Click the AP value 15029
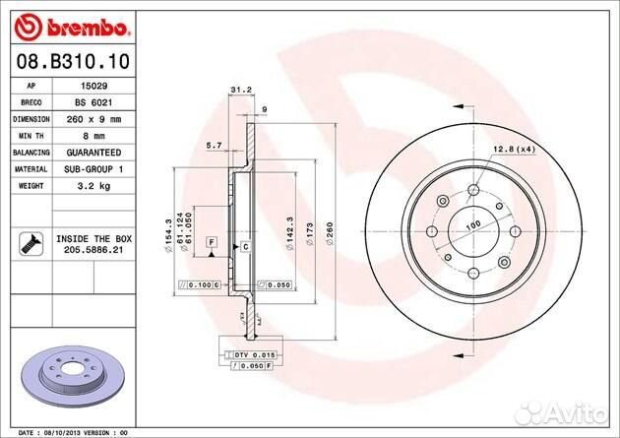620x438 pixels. tap(93, 87)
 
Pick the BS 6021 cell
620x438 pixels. tap(94, 102)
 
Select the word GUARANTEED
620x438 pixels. tap(94, 153)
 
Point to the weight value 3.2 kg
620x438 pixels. tap(93, 185)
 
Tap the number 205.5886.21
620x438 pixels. tap(94, 252)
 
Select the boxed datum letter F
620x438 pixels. tap(211, 242)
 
